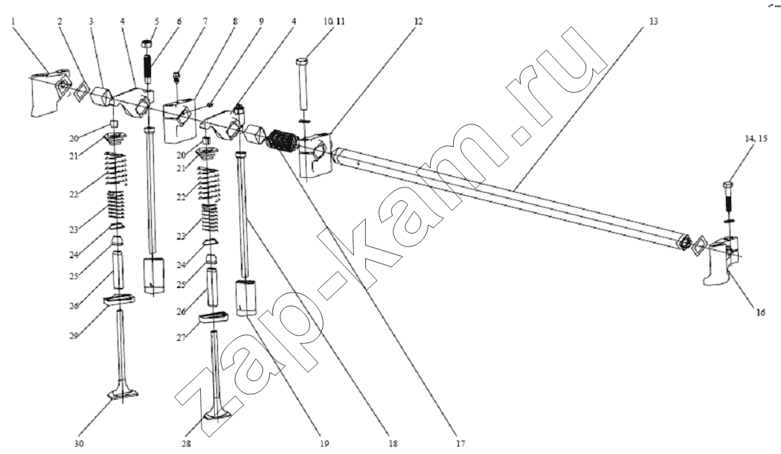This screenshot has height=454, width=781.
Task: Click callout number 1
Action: (13, 21)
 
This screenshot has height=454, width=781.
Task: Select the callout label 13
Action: (653, 22)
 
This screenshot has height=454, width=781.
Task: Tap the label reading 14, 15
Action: (756, 139)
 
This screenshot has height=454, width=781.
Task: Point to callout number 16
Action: (761, 313)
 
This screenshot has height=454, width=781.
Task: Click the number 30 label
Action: (80, 444)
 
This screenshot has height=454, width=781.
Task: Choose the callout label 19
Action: (324, 444)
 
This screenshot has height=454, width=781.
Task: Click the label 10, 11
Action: (334, 22)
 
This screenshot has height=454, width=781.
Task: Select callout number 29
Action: (74, 336)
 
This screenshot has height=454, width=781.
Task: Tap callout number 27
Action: (181, 338)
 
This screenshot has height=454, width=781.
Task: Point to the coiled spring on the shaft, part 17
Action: (283, 140)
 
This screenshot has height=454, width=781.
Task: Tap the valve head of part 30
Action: (123, 394)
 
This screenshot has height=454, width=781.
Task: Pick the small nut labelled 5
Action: (147, 44)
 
